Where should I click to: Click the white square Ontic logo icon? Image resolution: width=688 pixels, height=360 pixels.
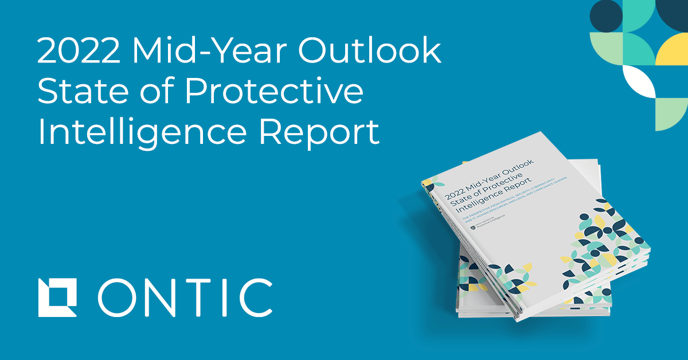pos(57,298)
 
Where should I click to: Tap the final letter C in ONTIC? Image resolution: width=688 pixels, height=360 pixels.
pos(257,298)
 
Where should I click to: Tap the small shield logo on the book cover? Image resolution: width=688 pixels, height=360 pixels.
pos(473,227)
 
